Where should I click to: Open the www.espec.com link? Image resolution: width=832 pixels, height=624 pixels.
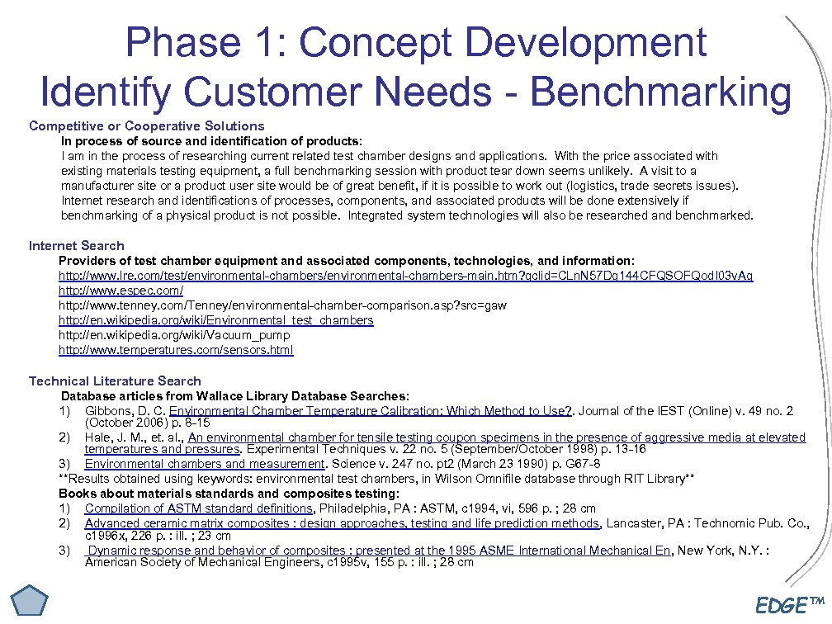pyautogui.click(x=121, y=291)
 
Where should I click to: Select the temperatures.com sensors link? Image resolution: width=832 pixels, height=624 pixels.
pyautogui.click(x=176, y=350)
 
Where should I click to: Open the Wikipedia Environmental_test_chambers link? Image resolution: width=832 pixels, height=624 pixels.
pyautogui.click(x=216, y=320)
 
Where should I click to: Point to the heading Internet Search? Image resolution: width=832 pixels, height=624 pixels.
pyautogui.click(x=77, y=246)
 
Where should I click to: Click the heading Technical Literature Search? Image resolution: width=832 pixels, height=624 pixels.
pyautogui.click(x=115, y=381)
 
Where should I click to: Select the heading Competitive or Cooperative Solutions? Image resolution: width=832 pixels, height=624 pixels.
pyautogui.click(x=147, y=126)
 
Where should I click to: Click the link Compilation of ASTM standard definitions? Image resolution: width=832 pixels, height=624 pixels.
pyautogui.click(x=198, y=508)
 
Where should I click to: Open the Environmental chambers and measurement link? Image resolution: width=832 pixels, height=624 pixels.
pyautogui.click(x=205, y=464)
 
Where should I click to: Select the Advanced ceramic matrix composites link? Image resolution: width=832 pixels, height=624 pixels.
pyautogui.click(x=342, y=523)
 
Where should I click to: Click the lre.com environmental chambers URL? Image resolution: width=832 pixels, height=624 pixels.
pyautogui.click(x=405, y=276)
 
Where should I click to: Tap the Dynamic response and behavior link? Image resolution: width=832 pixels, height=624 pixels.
pyautogui.click(x=378, y=551)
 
